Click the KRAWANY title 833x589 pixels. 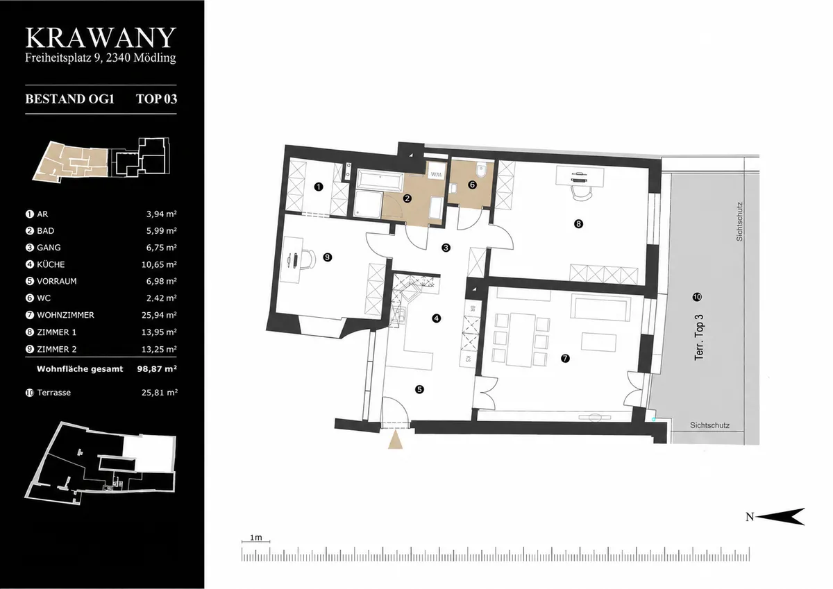[101, 38]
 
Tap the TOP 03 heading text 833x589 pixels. [157, 99]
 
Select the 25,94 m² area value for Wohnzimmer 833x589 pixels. [159, 315]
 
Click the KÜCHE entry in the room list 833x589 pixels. [51, 264]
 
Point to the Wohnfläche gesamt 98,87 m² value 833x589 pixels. [157, 369]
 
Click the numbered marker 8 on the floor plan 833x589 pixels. [578, 223]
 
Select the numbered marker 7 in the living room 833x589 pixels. [565, 359]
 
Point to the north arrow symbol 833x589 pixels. [780, 517]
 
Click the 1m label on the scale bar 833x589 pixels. [256, 538]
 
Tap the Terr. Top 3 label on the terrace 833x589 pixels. [699, 337]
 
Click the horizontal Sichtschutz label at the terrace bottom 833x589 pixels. [709, 425]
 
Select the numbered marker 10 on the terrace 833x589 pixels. [697, 297]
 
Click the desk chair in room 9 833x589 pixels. [308, 259]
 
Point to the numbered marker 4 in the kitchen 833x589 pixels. [436, 318]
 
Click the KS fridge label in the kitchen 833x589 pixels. [468, 359]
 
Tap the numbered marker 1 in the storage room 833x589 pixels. [319, 187]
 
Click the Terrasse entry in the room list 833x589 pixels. [54, 393]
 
